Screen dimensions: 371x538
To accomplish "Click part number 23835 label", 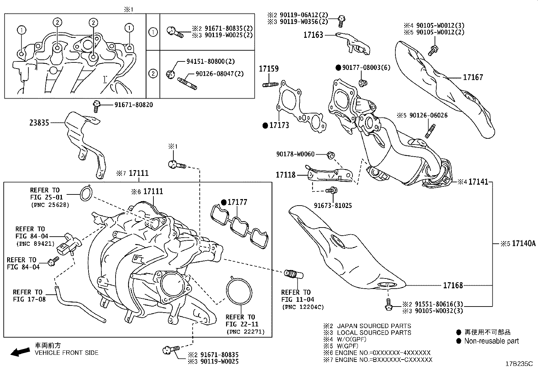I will (39, 123).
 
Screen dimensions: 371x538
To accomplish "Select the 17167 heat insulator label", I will (473, 77).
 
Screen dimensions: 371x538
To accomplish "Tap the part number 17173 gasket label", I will (279, 126).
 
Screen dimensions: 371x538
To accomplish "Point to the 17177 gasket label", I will (237, 202).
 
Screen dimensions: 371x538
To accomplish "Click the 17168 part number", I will (453, 286).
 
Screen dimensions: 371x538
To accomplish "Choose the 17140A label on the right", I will (523, 243).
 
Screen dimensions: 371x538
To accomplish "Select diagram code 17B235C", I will (519, 364).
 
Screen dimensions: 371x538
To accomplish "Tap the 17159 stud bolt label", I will (269, 69).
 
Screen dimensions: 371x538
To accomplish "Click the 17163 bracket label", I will (313, 35).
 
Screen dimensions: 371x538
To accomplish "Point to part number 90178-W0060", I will (295, 154).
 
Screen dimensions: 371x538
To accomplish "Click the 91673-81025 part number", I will (333, 206).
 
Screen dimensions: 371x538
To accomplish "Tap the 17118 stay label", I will (286, 175).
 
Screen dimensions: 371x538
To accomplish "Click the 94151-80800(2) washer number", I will (211, 61).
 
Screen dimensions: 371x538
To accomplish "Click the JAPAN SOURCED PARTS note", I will (374, 326).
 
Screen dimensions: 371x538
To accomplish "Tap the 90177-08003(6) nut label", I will (366, 68).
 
